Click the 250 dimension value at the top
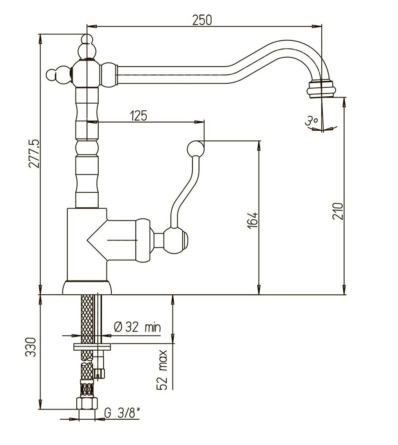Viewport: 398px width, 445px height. point(202,20)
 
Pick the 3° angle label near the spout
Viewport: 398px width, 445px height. point(311,121)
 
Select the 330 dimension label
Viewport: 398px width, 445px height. point(31,347)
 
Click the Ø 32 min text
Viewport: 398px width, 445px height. point(137,327)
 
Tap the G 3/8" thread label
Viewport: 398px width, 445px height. point(122,413)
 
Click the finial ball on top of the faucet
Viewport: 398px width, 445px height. point(87,40)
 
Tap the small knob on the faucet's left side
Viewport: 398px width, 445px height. point(58,75)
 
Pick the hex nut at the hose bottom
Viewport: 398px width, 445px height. point(87,403)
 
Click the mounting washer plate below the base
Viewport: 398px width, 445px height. point(92,347)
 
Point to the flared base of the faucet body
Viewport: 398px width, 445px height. point(87,287)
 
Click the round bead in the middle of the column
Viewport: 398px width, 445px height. point(87,148)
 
